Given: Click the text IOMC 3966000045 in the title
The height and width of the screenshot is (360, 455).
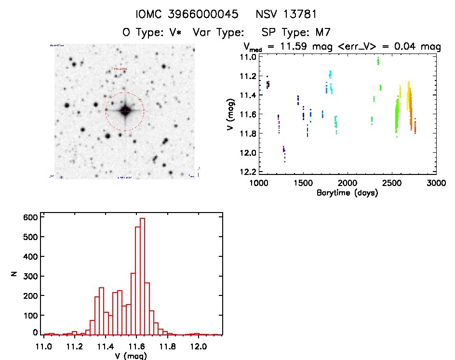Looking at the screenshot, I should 187,14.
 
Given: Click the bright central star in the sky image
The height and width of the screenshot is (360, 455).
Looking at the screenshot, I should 125,111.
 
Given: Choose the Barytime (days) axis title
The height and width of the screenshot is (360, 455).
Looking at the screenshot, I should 347,193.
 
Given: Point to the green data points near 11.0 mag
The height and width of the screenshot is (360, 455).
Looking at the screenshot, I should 378,61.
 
